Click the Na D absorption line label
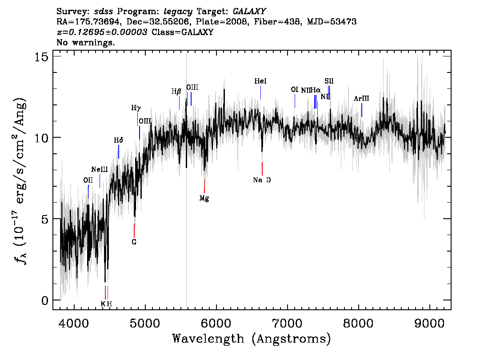(262, 180)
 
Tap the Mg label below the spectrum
(204, 198)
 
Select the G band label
(134, 242)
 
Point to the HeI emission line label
(260, 81)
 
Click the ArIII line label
(361, 98)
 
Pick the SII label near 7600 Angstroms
(329, 81)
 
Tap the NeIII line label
(99, 169)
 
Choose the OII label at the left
(88, 180)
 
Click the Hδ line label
(119, 140)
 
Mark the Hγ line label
(136, 108)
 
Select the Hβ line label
(176, 92)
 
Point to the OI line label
(295, 89)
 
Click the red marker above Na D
(262, 168)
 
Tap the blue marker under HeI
(261, 93)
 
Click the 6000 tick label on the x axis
(216, 323)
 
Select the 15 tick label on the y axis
(41, 56)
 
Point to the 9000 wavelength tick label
(429, 323)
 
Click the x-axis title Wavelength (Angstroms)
(252, 339)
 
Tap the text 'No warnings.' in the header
(85, 42)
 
